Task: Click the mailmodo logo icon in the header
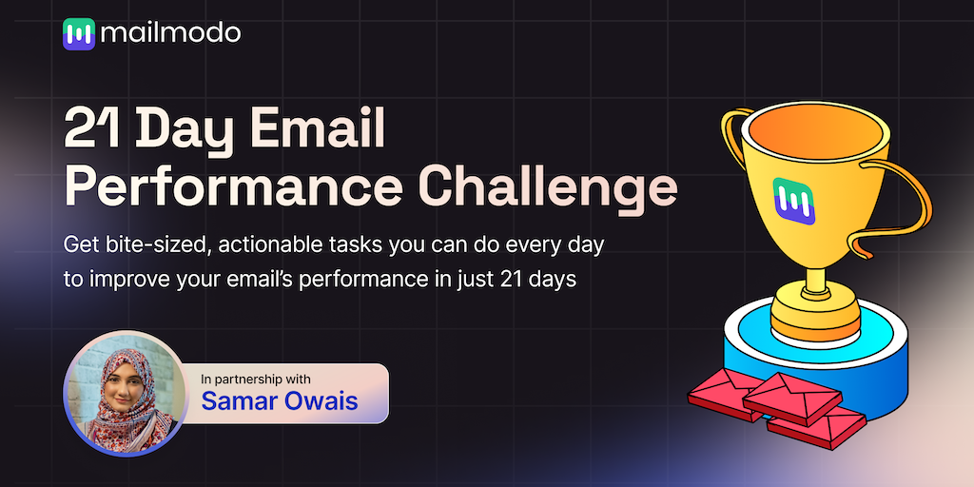point(79,33)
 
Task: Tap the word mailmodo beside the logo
point(170,33)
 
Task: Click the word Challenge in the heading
point(547,186)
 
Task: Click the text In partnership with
point(256,379)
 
